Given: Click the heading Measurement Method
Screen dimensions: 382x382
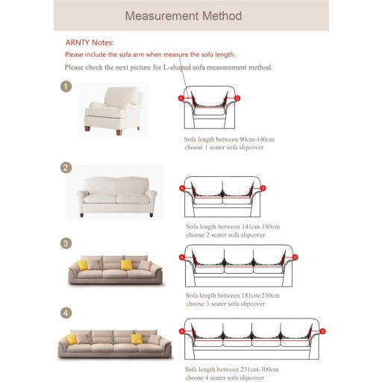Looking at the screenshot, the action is tap(184, 16).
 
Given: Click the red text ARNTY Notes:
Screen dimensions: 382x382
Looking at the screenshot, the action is tap(90, 43).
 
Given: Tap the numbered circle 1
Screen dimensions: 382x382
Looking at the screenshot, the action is tap(66, 87).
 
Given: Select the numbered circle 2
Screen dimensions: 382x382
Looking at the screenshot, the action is tap(66, 168).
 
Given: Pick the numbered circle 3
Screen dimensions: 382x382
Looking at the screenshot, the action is tap(66, 243).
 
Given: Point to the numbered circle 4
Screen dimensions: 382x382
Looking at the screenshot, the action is tap(66, 313).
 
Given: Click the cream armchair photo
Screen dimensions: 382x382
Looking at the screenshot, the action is tap(113, 110).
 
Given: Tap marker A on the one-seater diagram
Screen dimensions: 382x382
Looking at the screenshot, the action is tap(181, 98).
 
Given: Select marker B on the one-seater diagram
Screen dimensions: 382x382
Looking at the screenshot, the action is tap(237, 98).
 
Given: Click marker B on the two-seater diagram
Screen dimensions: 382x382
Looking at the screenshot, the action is tap(263, 188).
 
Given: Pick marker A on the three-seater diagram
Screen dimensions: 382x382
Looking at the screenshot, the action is tap(182, 257).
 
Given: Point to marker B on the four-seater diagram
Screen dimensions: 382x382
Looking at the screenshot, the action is tap(322, 331).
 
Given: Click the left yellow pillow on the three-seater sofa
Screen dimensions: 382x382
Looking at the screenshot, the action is tap(83, 265).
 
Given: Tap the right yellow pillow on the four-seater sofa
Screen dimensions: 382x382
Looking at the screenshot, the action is tap(137, 339).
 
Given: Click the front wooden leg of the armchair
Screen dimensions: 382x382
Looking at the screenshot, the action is tap(119, 133).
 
